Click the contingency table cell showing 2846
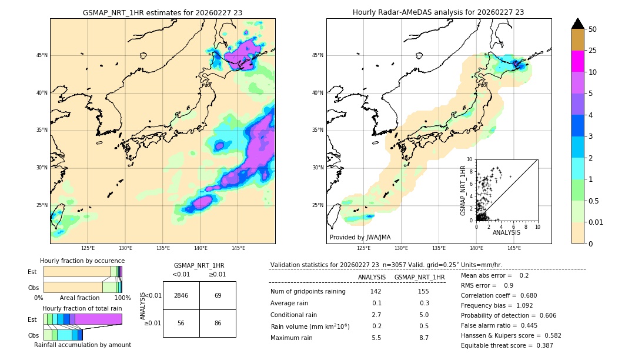click(x=181, y=295)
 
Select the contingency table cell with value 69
click(x=218, y=295)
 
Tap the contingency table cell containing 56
click(x=181, y=323)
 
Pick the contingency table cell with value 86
click(x=218, y=323)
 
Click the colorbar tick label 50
click(x=593, y=29)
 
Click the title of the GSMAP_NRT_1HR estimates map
click(x=162, y=12)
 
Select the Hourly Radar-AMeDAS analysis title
click(x=438, y=12)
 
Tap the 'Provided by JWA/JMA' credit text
click(x=360, y=237)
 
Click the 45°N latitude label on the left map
click(x=42, y=55)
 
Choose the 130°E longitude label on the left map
click(x=125, y=248)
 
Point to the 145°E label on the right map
click(x=514, y=248)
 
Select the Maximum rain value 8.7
click(x=423, y=338)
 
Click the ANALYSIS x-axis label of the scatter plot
click(x=506, y=232)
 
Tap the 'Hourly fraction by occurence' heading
click(x=82, y=261)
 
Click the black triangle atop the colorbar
click(x=578, y=24)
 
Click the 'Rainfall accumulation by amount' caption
click(x=82, y=345)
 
